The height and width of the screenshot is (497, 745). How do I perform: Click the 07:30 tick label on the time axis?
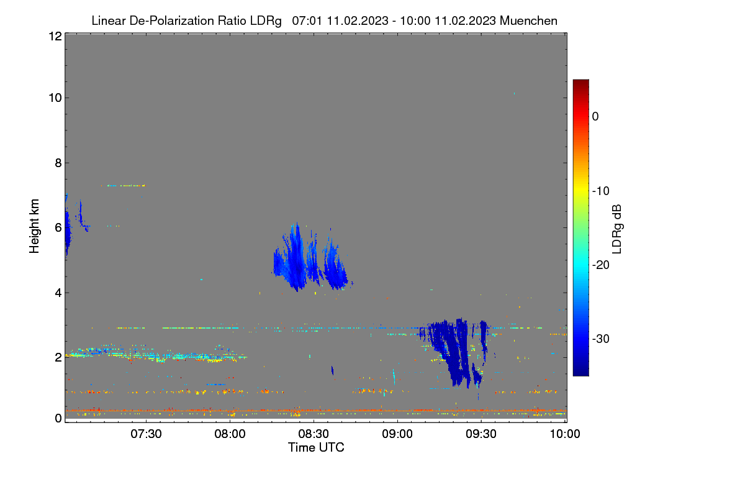pos(146,434)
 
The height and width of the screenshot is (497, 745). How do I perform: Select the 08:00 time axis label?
pos(230,434)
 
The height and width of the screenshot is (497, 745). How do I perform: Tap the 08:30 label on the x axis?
pos(314,434)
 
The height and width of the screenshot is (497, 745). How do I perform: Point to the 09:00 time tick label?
pos(397,434)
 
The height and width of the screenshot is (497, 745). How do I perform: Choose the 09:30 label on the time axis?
pos(481,434)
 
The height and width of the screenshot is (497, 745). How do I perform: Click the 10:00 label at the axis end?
pos(565,434)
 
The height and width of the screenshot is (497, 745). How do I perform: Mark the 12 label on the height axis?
pos(55,36)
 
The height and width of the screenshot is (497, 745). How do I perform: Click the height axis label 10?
pos(55,98)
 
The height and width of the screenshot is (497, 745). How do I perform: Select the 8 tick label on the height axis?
pos(58,163)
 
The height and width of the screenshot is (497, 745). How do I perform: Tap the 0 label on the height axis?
pos(58,418)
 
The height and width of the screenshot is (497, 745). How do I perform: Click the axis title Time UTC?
pos(316,447)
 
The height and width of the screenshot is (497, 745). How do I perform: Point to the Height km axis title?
pos(34,226)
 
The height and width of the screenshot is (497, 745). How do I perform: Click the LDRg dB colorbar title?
pos(616,229)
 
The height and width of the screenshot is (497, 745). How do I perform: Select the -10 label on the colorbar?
pos(601,191)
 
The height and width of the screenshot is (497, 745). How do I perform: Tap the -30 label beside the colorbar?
pos(601,339)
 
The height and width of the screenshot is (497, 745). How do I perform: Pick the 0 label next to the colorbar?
pos(595,117)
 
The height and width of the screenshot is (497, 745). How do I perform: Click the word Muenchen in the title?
pos(528,21)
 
